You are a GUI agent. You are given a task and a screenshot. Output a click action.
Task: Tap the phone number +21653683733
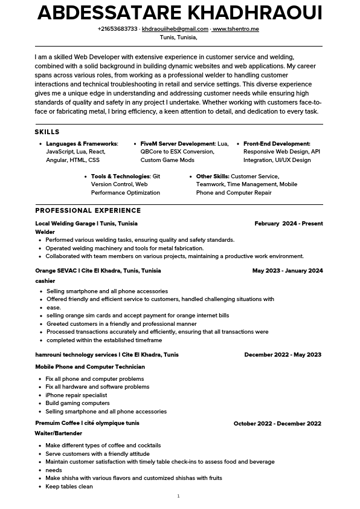tap(117, 29)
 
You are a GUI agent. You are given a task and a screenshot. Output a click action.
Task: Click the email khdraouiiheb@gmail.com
tap(175, 29)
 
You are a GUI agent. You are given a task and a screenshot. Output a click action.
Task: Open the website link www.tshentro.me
tap(236, 29)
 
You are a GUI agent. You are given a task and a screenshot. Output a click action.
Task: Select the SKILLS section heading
tap(47, 132)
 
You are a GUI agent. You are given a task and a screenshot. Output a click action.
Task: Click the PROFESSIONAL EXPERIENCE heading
tap(88, 210)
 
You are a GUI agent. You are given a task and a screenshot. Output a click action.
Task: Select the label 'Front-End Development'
tap(277, 144)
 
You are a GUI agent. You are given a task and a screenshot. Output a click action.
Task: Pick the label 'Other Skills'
tap(212, 177)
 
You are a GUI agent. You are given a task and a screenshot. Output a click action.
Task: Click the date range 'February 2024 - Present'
tap(289, 224)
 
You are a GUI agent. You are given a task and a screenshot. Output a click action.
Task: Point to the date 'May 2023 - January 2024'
tap(288, 271)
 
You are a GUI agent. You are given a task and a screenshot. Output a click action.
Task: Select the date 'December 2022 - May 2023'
tap(283, 355)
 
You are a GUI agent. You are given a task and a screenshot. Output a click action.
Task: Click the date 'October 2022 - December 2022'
tap(277, 424)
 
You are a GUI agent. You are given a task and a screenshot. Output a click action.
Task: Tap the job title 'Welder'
tap(45, 232)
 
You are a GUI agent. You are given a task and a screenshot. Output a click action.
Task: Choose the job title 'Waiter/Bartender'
tap(58, 433)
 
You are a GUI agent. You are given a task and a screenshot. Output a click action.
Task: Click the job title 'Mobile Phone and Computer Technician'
tap(90, 367)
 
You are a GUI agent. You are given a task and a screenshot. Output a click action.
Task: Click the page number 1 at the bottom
tap(178, 496)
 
